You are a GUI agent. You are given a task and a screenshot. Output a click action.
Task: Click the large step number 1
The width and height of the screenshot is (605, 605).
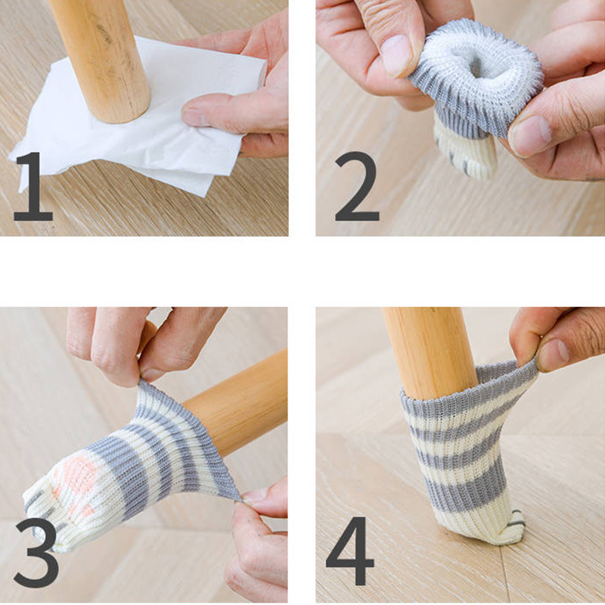tap(34, 186)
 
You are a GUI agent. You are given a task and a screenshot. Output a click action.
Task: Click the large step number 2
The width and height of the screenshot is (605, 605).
tap(357, 186)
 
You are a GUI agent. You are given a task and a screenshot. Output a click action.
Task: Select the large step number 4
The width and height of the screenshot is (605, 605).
tap(349, 551)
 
